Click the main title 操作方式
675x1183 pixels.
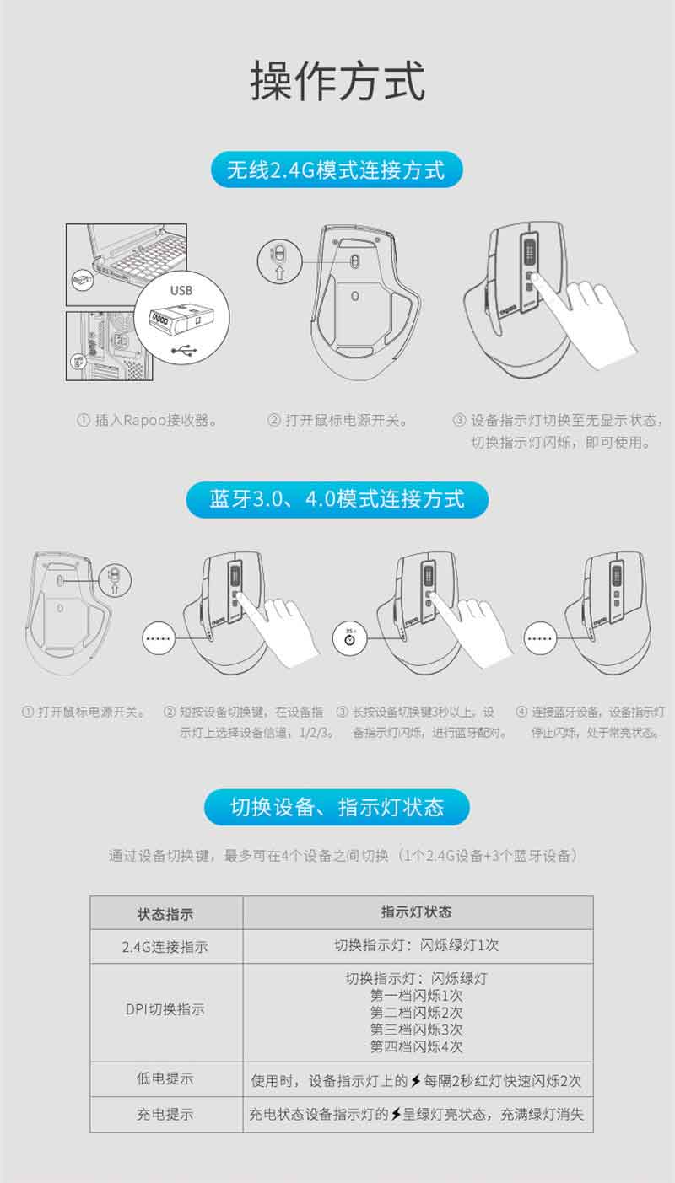337,81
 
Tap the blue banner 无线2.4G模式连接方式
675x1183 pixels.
337,169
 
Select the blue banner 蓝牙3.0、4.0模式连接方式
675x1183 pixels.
337,499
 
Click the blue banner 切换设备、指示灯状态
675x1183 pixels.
337,807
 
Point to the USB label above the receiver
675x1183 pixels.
181,290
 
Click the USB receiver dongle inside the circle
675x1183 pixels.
181,319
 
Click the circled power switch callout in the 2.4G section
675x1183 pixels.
279,261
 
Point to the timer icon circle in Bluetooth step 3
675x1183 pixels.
349,638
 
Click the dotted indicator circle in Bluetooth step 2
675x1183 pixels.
159,638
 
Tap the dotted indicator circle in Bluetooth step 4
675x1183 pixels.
540,638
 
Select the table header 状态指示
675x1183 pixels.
165,914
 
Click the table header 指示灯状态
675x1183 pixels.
417,911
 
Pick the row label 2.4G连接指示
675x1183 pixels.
165,946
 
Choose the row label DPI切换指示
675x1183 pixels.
165,1009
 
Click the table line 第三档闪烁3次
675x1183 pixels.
417,1030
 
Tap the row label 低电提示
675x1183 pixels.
165,1078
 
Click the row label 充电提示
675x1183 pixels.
165,1114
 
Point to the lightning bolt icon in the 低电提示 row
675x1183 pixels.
415,1080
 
